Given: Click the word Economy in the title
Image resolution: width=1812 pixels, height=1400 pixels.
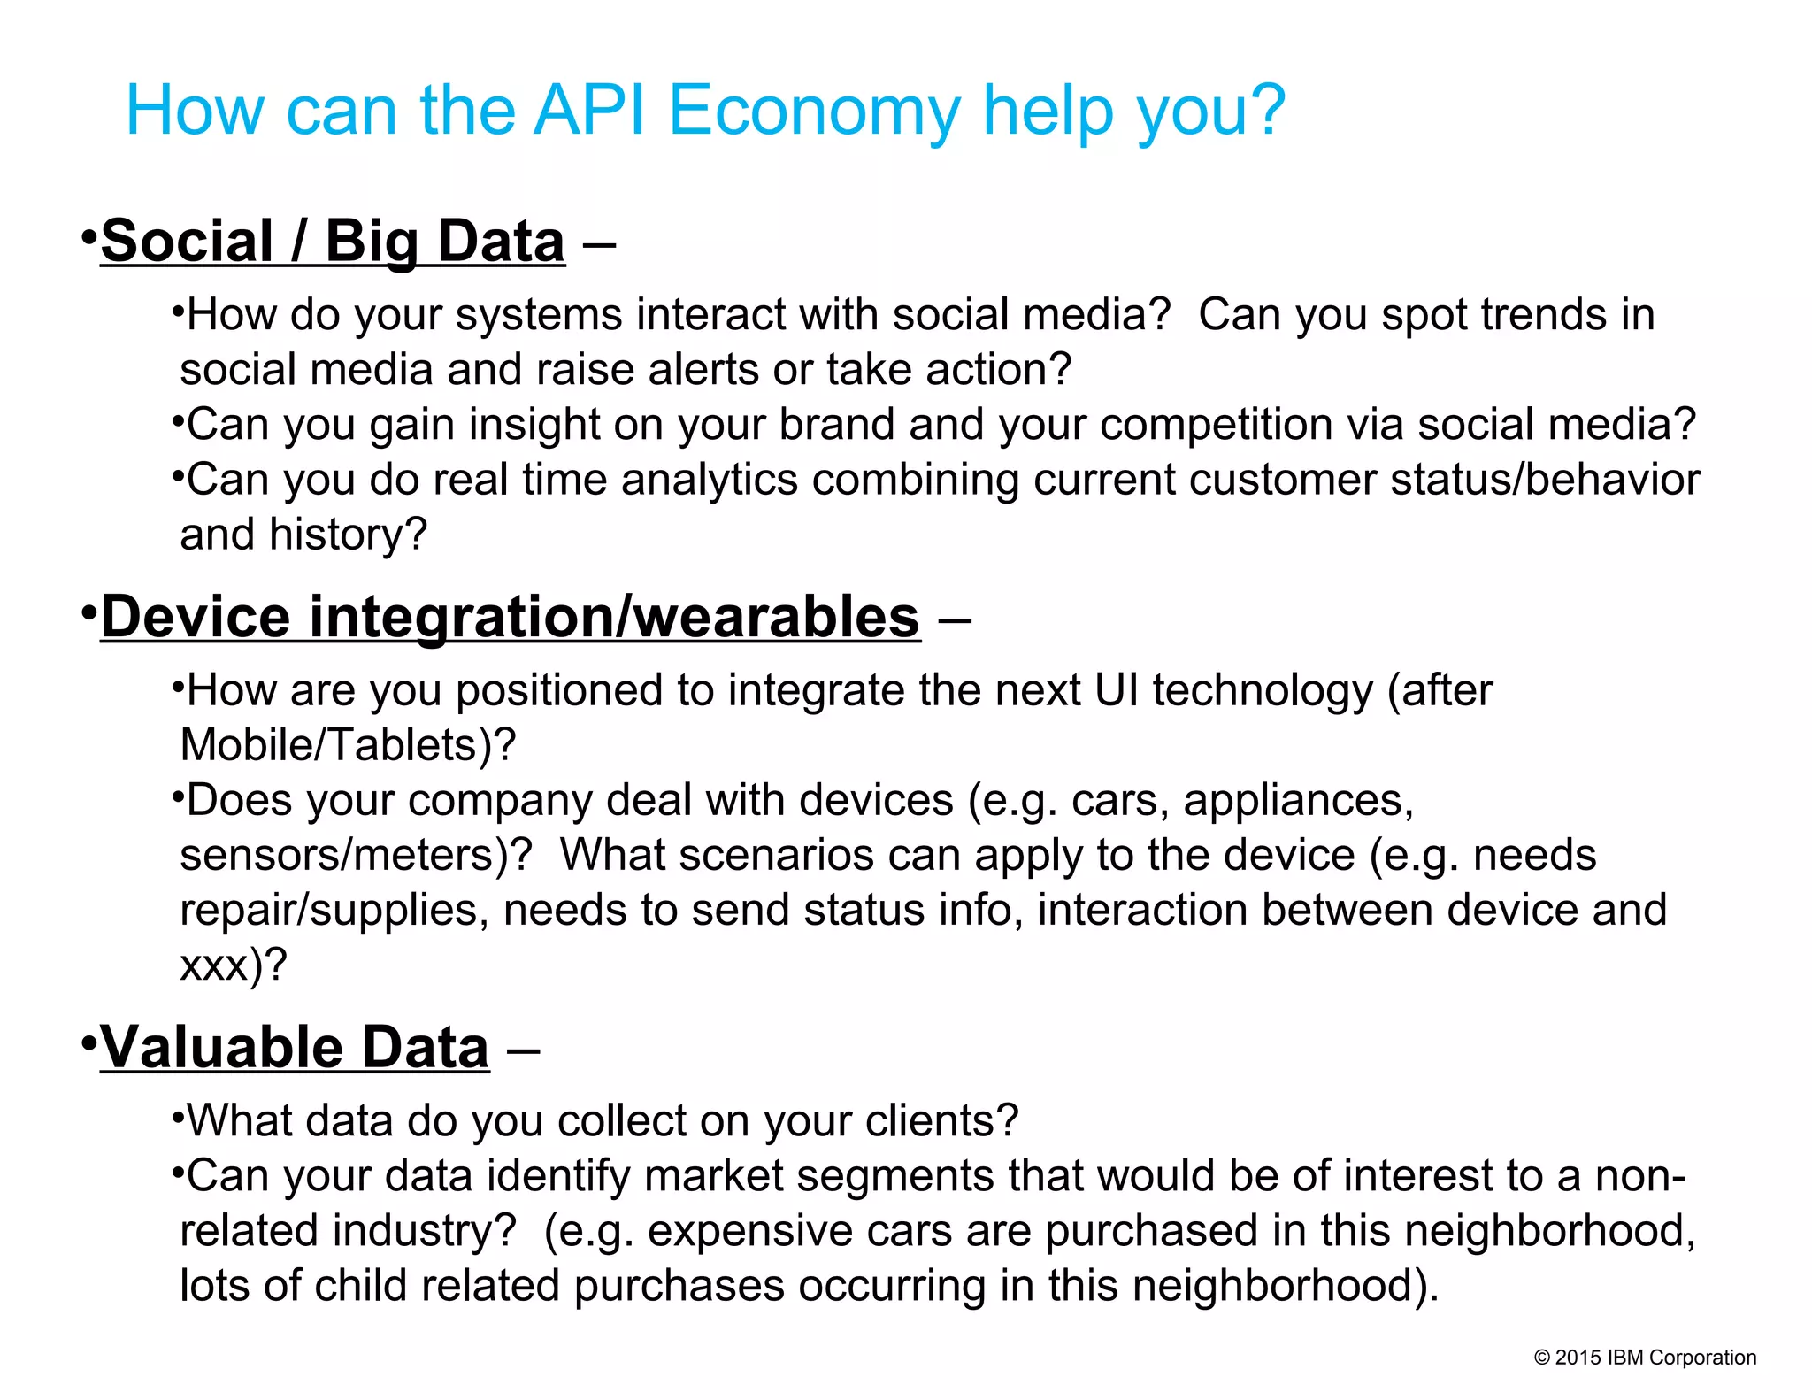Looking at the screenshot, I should pos(814,111).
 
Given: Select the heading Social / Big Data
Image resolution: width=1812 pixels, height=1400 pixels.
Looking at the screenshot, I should pos(333,241).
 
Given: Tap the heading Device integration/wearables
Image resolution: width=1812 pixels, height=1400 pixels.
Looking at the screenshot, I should pos(511,617).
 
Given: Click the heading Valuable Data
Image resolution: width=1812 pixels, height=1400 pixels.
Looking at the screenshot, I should pos(295,1048).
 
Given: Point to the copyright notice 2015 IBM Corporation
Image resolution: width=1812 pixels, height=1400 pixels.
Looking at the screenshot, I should pos(1645,1358).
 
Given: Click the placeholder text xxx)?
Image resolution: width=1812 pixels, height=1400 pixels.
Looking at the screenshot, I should pos(234,965).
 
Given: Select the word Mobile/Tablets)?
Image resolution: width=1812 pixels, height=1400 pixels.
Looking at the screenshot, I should pos(348,745).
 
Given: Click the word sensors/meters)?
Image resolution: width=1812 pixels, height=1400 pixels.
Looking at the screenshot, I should pos(356,856).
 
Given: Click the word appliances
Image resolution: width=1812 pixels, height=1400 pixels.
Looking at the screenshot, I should pos(1298,801).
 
